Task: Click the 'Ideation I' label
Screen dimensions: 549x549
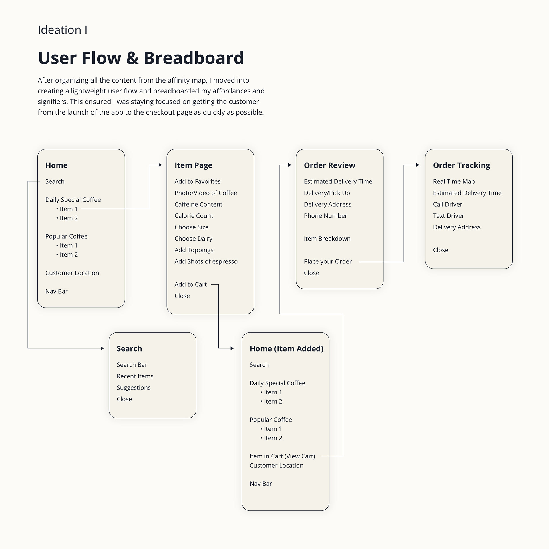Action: coord(63,30)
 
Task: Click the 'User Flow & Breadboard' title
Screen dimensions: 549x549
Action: coord(141,58)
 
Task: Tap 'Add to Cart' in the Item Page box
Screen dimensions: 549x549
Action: coord(190,284)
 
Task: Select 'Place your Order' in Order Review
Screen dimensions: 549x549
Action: coord(328,262)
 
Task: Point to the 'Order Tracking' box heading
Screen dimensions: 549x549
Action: coord(462,165)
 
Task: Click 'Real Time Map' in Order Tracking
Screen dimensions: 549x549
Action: coord(454,182)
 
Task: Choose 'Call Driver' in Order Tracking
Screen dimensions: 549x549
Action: coord(447,204)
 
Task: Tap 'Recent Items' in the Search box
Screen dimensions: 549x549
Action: coord(135,376)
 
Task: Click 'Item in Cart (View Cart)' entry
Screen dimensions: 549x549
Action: coord(282,456)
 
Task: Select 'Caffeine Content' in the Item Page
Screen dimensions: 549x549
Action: coord(198,204)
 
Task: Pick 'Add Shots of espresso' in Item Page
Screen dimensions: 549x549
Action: coord(206,262)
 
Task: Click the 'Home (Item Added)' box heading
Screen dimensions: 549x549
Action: coord(287,349)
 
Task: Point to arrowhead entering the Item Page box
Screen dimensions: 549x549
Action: coord(160,165)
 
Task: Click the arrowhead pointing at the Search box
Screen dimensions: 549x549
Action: coord(102,348)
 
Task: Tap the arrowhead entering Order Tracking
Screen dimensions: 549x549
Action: coord(418,165)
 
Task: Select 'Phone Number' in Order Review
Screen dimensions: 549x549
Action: coord(325,216)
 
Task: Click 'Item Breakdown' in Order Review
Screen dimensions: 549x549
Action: coord(327,239)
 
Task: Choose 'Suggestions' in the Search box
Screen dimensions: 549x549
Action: coord(134,388)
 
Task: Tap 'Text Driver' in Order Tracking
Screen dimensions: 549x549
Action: coord(448,216)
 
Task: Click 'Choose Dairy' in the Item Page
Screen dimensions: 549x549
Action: coord(193,239)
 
